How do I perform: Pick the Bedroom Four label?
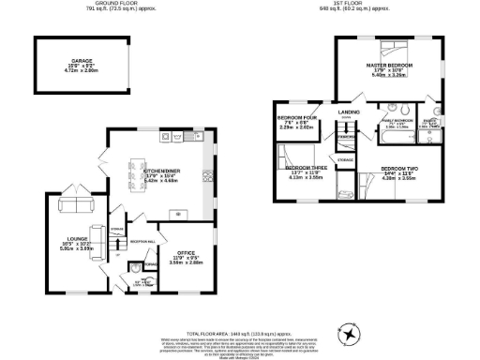tap(292, 118)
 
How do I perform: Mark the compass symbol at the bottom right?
tap(350, 334)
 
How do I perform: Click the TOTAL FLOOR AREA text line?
tap(240, 333)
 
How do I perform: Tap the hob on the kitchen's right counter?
tap(208, 173)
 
